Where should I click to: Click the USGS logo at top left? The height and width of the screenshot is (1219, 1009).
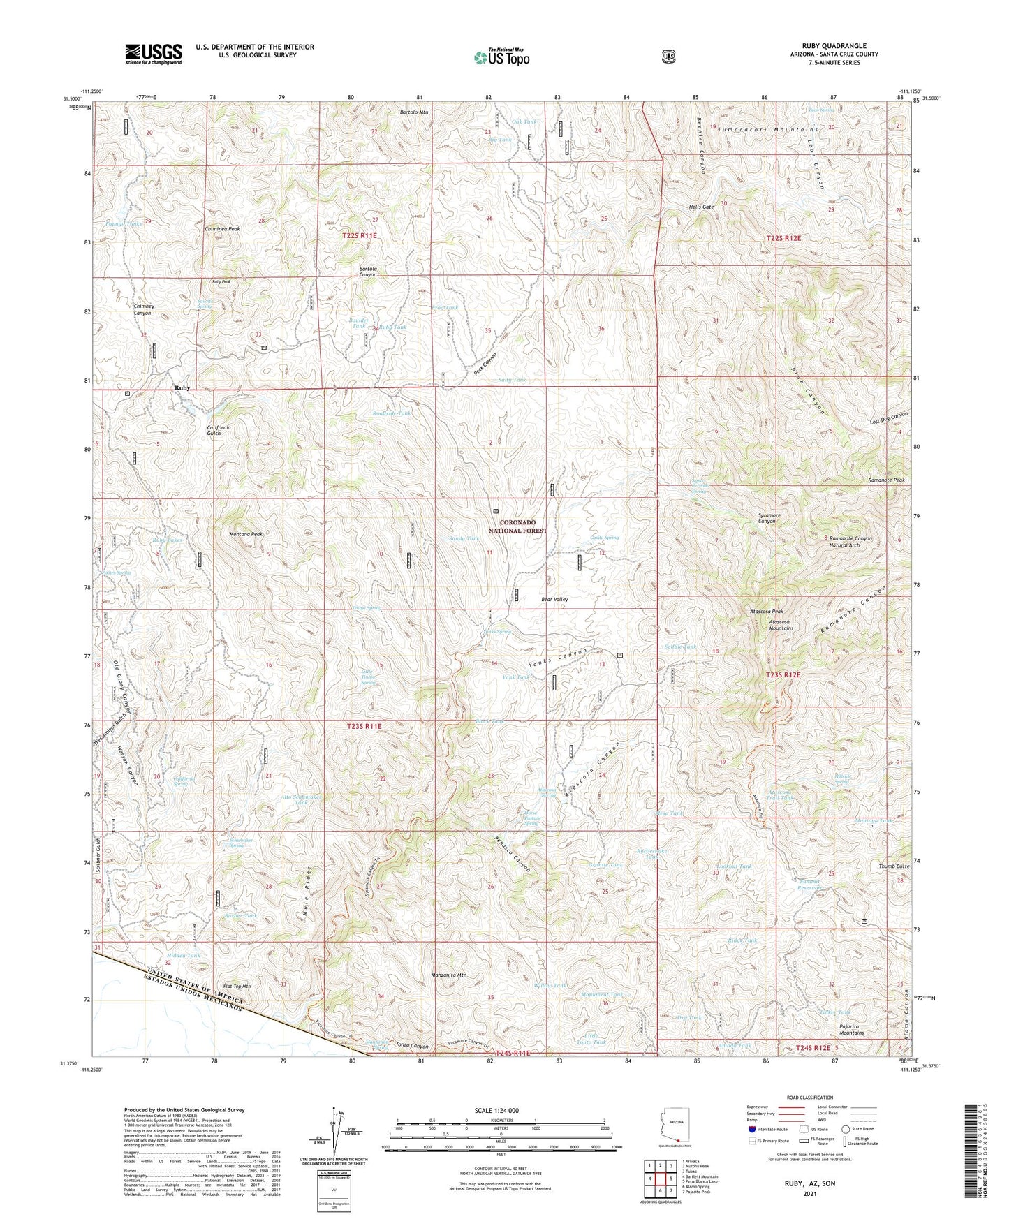[153, 54]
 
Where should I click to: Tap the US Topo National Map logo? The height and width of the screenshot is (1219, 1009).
[501, 57]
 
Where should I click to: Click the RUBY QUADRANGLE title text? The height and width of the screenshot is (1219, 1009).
[834, 45]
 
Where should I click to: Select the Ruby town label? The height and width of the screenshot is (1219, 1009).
[182, 387]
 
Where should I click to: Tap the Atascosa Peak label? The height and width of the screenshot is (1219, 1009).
[766, 612]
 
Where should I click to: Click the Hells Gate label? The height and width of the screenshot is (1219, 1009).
[702, 207]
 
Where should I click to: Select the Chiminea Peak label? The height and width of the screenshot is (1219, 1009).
[222, 228]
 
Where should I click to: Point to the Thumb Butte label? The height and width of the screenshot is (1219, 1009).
[894, 866]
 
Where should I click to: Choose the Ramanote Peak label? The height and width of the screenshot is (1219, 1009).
[886, 480]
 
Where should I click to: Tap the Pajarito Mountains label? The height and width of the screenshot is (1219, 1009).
[851, 1029]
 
